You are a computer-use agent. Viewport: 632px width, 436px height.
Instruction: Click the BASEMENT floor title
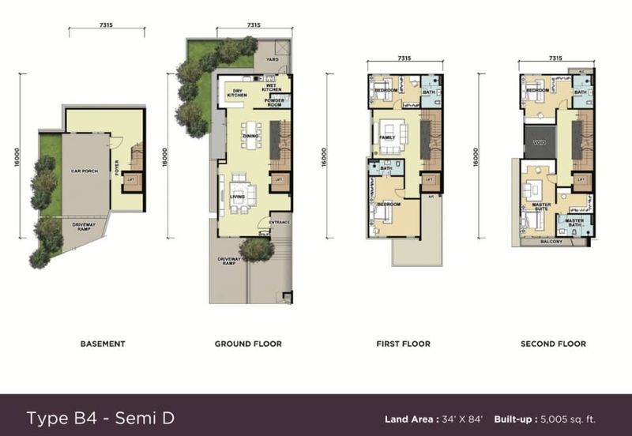coord(103,344)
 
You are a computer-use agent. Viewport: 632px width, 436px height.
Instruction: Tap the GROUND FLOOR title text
coord(248,344)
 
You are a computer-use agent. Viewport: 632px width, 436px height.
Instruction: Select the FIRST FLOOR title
coord(404,344)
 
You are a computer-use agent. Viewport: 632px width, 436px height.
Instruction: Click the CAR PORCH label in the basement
coord(84,171)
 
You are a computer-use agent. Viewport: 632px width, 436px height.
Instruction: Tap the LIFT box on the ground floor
coord(277,180)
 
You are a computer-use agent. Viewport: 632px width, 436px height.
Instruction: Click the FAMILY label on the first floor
coord(387,137)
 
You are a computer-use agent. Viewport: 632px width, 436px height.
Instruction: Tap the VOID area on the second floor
coord(540,143)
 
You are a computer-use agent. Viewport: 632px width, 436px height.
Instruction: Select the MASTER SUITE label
coord(541,207)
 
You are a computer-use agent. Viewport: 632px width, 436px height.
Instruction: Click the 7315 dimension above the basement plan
coord(106,25)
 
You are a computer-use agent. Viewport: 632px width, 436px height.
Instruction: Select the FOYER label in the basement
coord(116,168)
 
